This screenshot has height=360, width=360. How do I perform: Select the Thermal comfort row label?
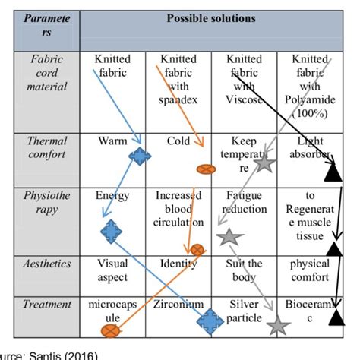point(48,148)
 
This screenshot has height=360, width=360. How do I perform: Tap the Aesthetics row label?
point(48,264)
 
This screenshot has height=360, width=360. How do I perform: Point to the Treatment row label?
point(47,305)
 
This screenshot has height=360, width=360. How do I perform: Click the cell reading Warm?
point(112,141)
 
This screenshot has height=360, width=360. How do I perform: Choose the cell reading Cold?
point(178,141)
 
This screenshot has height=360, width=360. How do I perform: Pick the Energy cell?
point(112,195)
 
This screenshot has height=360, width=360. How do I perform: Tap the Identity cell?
point(178,264)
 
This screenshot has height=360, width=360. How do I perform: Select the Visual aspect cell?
point(112,270)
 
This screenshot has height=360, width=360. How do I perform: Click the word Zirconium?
point(178,305)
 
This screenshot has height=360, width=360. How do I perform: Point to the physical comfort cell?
point(310,270)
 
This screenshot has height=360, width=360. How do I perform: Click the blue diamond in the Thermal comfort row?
point(139,156)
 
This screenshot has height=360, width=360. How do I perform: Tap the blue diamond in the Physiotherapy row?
point(112,230)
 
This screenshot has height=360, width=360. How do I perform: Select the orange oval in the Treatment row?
point(112,330)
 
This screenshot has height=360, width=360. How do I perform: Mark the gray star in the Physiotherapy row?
point(228,238)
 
